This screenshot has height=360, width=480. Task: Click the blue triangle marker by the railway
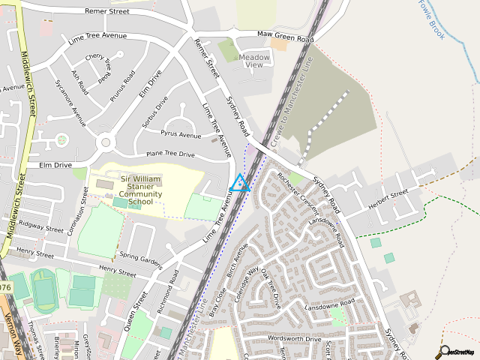239,183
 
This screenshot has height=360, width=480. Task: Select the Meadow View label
254,61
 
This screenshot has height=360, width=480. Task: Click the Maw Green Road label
285,35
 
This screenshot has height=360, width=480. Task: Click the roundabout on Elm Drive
104,142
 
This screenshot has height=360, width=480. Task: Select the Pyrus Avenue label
181,135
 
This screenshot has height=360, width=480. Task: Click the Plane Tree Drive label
170,154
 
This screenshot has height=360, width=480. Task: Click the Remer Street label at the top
107,12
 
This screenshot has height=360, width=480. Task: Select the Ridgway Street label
42,228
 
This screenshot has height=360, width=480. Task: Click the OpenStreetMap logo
458,350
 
